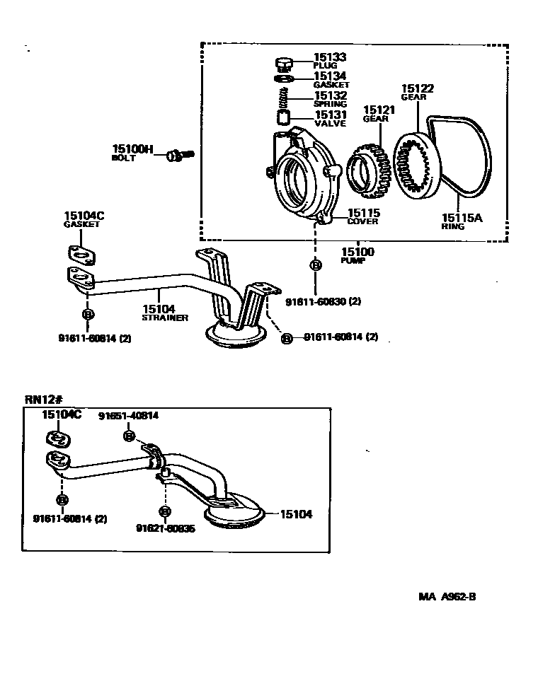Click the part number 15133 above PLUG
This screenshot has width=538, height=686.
click(330, 57)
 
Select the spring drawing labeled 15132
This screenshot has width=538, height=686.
click(284, 96)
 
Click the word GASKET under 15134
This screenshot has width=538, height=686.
click(331, 85)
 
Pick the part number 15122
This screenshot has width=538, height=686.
click(418, 88)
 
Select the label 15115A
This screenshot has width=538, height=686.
click(462, 218)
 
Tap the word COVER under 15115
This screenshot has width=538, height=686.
click(362, 221)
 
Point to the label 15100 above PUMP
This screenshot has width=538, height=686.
click(357, 252)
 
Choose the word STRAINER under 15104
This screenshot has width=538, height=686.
click(165, 318)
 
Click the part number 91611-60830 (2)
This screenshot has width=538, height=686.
click(324, 301)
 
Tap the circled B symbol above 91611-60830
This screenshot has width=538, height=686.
click(316, 265)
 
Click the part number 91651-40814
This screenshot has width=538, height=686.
click(128, 416)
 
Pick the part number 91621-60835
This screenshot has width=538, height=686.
click(166, 528)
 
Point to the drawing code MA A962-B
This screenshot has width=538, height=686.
click(447, 596)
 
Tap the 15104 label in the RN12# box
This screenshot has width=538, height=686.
click(297, 515)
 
